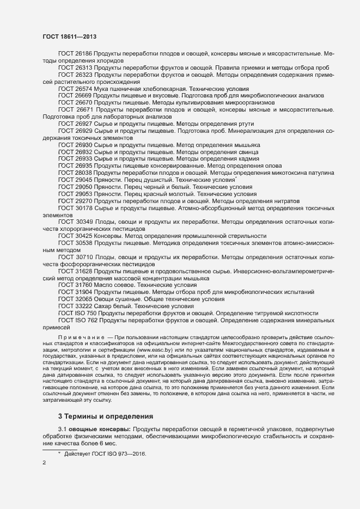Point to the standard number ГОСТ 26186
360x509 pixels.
[75, 54]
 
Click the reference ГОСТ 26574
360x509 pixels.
[75, 88]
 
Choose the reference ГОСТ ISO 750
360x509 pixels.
[77, 314]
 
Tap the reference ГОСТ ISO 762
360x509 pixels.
[77, 321]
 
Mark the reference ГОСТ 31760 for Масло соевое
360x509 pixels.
[75, 285]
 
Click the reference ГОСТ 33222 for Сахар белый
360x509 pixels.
[75, 306]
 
